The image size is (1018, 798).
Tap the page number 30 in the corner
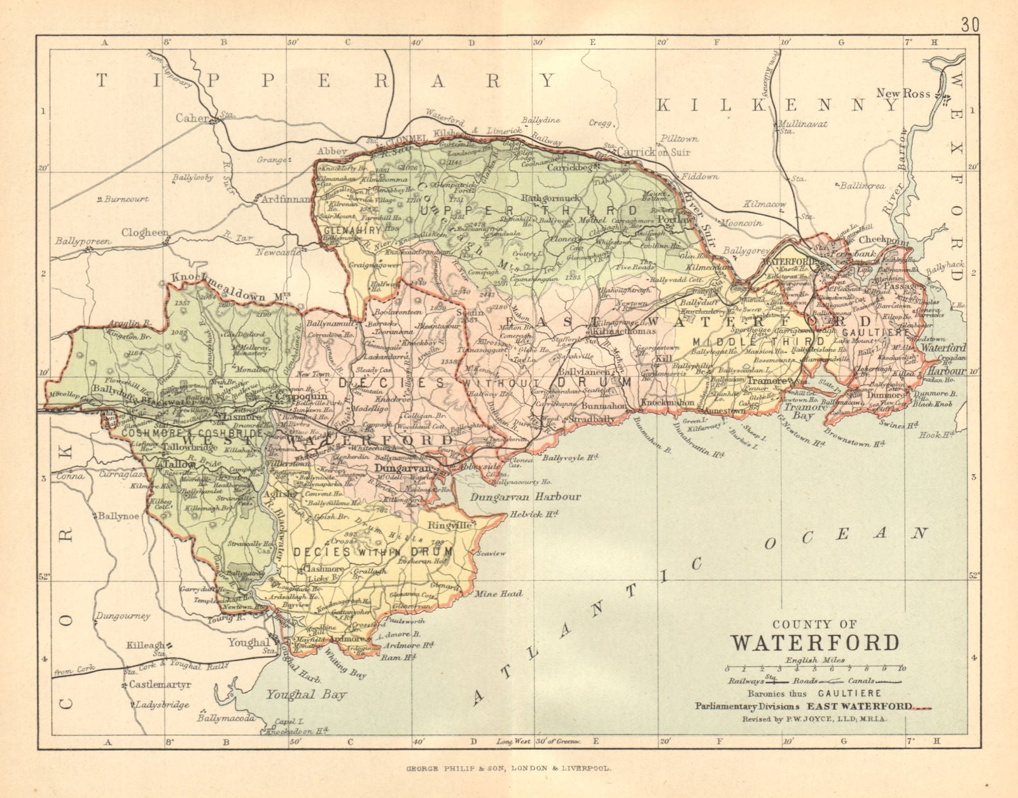point(970,8)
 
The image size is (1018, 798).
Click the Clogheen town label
point(146,233)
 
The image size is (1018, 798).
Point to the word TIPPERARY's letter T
point(102,80)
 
